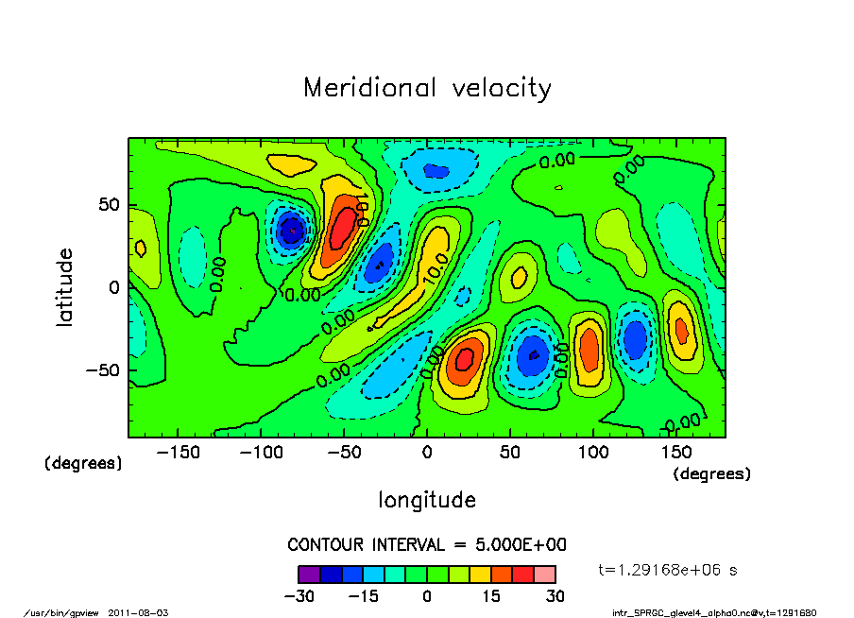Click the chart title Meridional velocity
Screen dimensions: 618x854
[x=427, y=88]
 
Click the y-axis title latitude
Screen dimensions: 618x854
[x=65, y=287]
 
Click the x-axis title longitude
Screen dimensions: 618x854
[x=427, y=500]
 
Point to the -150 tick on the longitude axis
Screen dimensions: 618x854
[x=179, y=453]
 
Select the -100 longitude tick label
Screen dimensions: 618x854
[x=262, y=453]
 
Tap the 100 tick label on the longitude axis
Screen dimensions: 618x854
[x=593, y=453]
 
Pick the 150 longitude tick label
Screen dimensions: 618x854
[x=676, y=453]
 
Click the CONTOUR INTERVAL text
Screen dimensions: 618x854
[x=427, y=545]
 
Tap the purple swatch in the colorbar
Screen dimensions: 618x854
[x=308, y=574]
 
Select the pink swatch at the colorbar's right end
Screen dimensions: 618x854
[x=544, y=574]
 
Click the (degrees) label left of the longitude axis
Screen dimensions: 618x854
[x=83, y=464]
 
